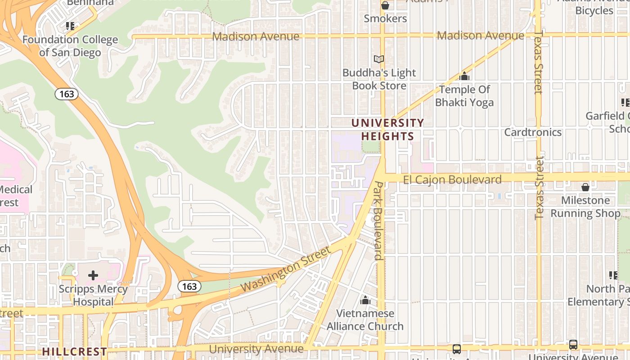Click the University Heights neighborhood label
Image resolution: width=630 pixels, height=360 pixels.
coord(387,130)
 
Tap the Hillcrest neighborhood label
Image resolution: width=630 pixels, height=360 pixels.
coord(75,351)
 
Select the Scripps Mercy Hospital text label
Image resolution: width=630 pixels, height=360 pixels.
coord(93,295)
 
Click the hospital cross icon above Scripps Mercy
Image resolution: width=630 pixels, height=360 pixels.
coord(93,275)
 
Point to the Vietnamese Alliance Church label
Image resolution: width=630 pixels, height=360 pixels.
coord(365,319)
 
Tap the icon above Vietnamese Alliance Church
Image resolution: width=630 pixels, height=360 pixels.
coord(365,300)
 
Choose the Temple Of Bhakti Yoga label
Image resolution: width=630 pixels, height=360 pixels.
coord(464,96)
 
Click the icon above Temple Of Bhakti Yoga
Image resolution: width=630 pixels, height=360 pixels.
coord(464,76)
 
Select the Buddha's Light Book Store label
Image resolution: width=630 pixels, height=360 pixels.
coord(379,79)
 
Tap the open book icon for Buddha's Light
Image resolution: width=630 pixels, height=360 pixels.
coord(379,59)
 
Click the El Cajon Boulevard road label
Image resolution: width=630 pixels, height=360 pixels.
coord(452,180)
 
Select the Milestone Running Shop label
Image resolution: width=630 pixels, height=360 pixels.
coord(585,207)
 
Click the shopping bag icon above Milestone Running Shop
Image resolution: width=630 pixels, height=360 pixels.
coord(585,187)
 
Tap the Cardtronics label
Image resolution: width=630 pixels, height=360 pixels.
coord(533,132)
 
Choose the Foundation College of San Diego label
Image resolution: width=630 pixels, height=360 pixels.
coord(70,46)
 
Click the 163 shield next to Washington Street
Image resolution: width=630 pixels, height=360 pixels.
coord(189,286)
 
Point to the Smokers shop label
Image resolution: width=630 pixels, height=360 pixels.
coord(385,18)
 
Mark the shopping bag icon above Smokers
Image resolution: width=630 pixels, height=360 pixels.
coord(385,5)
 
